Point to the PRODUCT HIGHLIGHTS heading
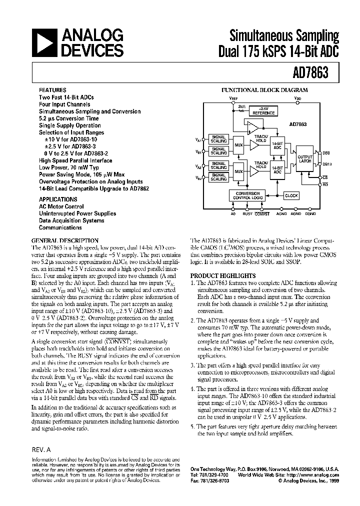coord(222,275)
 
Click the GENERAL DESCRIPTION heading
coord(65,240)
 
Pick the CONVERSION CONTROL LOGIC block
coord(247,195)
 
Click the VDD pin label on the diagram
coord(298,99)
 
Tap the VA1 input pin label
coord(199,139)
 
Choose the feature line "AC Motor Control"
coord(61,206)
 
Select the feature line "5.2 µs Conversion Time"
coord(69,118)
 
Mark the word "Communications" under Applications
coord(60,227)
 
